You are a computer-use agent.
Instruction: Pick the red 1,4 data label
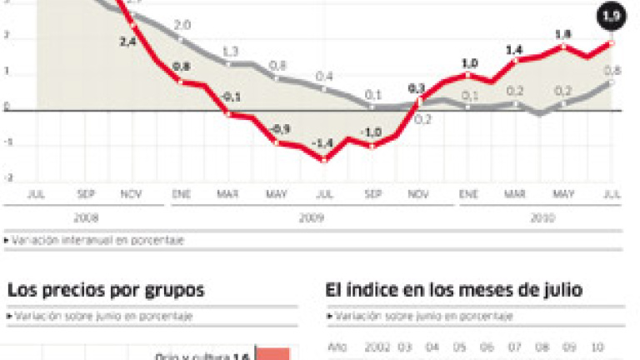coord(513,49)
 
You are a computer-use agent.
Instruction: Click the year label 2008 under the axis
coord(86,218)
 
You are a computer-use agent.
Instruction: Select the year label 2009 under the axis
coord(312,218)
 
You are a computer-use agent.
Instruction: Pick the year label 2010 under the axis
coord(539,218)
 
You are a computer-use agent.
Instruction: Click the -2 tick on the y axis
coord(7,177)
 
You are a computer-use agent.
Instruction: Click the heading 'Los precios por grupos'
coord(106,291)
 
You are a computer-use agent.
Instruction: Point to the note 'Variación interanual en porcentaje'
coord(97,240)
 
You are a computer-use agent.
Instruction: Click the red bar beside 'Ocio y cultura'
coord(272,354)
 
